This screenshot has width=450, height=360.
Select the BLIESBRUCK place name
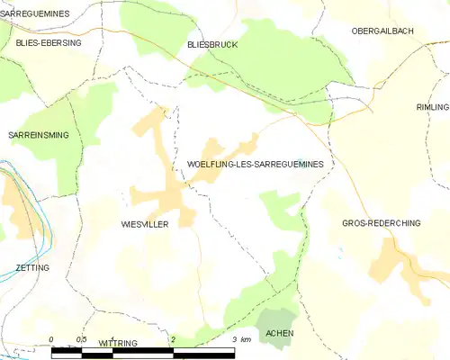tap(211, 43)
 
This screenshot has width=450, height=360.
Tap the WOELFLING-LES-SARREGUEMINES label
tap(256, 164)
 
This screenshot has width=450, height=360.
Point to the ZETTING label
tap(32, 267)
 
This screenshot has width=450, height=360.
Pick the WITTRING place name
tap(118, 344)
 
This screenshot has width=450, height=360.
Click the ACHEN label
tap(281, 334)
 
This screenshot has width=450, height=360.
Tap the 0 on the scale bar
tap(51, 339)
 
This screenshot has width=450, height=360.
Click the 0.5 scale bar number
tap(81, 339)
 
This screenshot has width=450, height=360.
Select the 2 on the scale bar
tap(173, 339)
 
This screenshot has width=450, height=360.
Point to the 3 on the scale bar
tap(234, 339)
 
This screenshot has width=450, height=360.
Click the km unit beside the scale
tap(246, 339)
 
